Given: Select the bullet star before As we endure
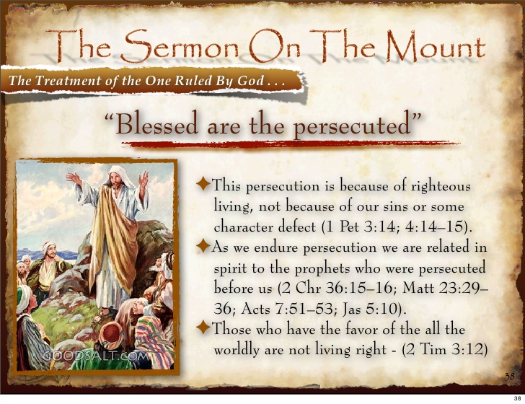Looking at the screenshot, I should point(203,247).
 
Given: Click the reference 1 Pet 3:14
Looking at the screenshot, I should point(359,227).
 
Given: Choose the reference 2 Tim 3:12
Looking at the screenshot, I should point(453,350).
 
